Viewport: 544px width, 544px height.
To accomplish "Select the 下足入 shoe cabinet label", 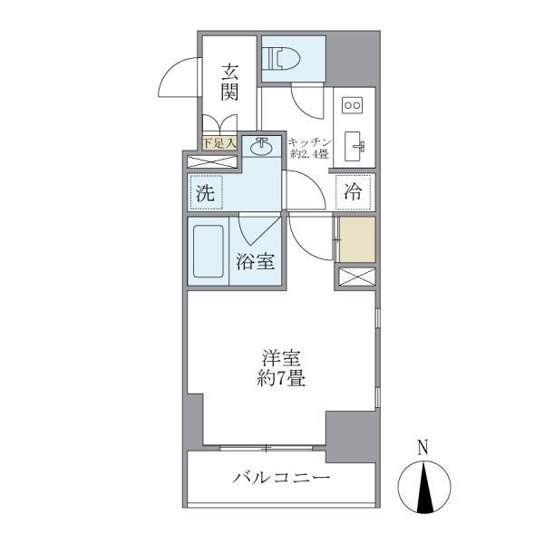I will [219, 142].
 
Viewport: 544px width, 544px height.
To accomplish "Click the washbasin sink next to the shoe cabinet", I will [263, 144].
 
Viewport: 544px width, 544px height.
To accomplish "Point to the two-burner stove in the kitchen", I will [351, 106].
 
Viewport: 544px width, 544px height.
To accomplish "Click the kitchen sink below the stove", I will [354, 146].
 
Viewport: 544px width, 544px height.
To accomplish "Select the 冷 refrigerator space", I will [354, 192].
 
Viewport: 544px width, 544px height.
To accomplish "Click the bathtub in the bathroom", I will [209, 251].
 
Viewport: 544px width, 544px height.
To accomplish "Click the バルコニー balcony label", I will [280, 478].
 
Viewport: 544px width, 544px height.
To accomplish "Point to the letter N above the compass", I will [422, 447].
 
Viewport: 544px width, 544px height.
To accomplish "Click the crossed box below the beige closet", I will [355, 277].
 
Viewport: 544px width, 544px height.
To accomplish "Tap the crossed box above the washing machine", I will [212, 162].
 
